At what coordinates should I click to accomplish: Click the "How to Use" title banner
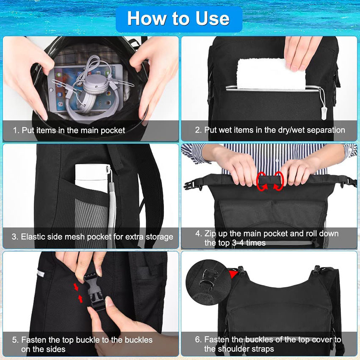[178, 19]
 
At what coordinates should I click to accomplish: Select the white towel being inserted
[271, 74]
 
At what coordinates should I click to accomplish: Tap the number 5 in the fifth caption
[15, 340]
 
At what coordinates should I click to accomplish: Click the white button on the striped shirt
[276, 161]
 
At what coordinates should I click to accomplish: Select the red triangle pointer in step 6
[233, 274]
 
